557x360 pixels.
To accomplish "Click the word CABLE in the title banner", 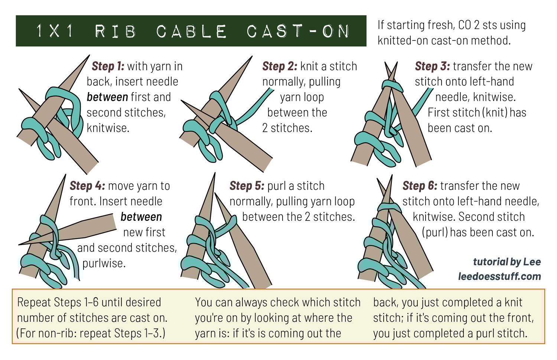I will (x=191, y=31).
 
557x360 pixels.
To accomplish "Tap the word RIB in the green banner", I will (x=115, y=31).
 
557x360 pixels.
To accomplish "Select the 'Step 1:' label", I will (x=108, y=66).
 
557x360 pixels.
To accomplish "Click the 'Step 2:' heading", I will (x=280, y=66).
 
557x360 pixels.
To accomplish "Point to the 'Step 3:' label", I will (x=432, y=66).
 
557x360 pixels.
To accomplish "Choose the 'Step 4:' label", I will (x=87, y=186).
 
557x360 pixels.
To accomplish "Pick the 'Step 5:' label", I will (x=247, y=186).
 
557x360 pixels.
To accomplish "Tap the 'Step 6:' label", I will (x=420, y=186).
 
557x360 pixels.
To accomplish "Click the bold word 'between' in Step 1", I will (x=107, y=97).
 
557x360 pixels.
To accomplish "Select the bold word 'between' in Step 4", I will (x=141, y=217).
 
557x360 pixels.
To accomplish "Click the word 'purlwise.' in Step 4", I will (x=104, y=263).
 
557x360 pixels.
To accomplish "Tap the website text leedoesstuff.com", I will (x=499, y=276).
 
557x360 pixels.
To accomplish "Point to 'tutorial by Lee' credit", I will (x=506, y=262).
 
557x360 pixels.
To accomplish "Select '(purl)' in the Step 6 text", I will (x=435, y=232).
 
